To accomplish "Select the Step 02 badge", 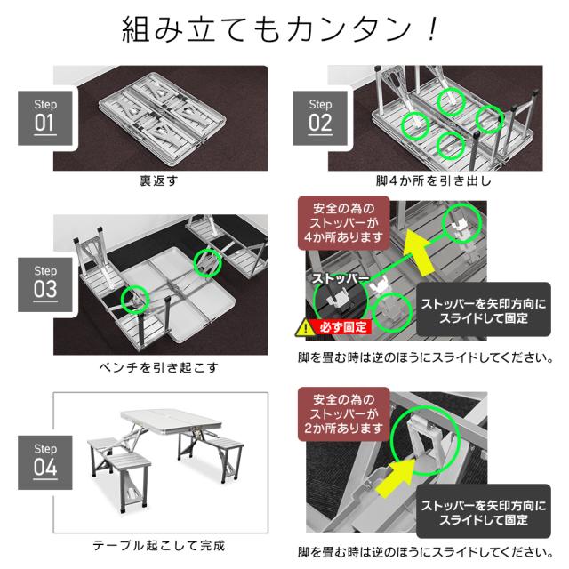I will coord(319,116).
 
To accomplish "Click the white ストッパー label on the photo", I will coord(341,278).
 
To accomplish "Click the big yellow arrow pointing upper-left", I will coord(422,253).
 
